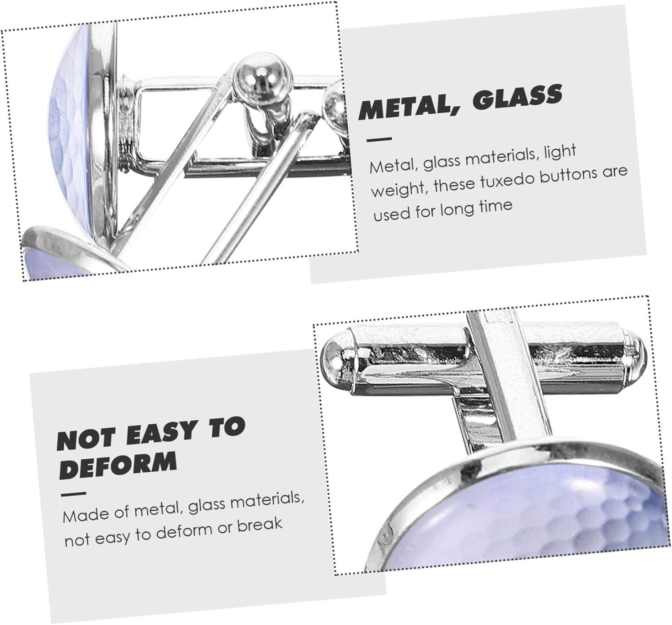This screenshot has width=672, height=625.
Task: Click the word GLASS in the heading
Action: [x=518, y=98]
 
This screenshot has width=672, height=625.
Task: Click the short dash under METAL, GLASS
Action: [x=379, y=139]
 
